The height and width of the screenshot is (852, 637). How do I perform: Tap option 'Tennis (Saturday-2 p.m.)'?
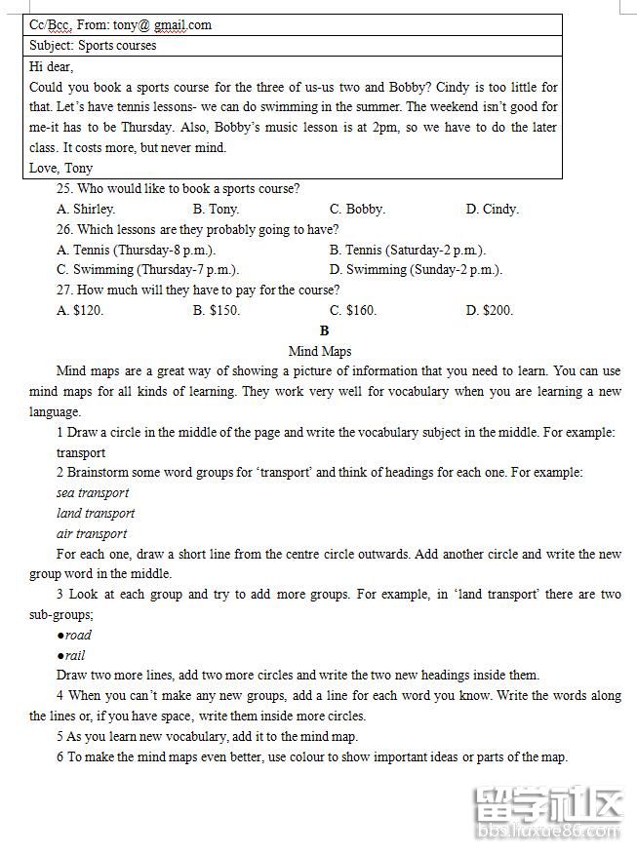click(408, 250)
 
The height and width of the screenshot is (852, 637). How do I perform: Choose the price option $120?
click(80, 311)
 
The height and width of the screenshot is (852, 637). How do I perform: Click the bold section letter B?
click(325, 331)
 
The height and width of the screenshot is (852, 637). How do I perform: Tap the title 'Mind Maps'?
click(320, 351)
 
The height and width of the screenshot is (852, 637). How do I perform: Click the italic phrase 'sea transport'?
click(93, 493)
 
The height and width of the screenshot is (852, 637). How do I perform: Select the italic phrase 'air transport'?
click(92, 534)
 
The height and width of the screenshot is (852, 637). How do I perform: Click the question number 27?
click(65, 290)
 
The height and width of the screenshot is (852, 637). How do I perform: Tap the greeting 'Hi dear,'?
click(52, 66)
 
